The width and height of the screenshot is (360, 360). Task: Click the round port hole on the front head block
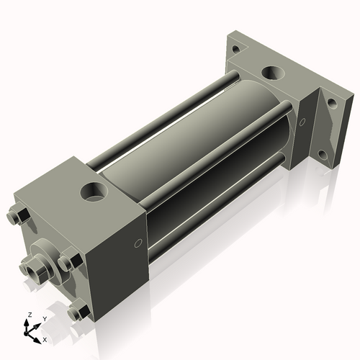click(94, 192)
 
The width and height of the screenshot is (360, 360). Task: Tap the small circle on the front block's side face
click(138, 244)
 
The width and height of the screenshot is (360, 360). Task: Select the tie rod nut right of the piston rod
click(67, 264)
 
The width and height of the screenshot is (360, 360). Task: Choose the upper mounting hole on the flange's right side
click(331, 103)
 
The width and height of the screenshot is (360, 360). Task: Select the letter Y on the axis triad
click(44, 318)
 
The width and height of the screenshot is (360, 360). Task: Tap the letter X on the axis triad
click(45, 338)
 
